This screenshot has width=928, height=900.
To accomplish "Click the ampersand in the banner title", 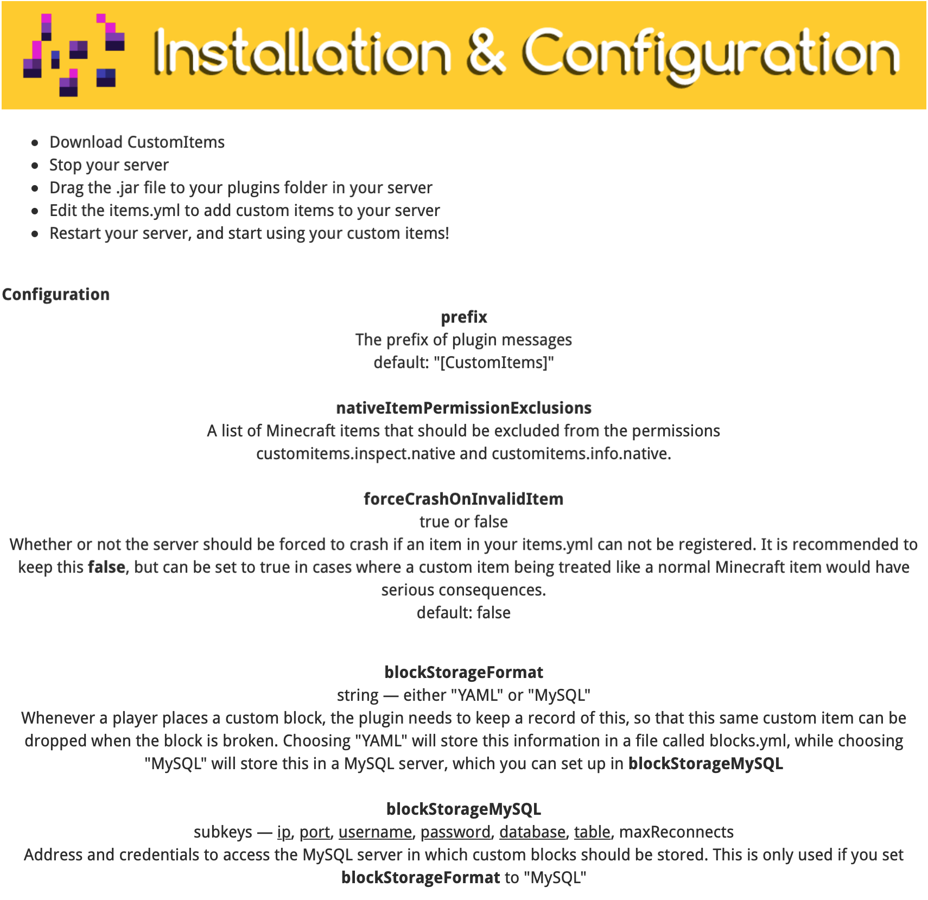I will pos(486,53).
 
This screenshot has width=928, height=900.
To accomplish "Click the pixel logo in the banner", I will pos(74,55).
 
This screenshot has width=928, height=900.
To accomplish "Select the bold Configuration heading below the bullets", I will pos(56,294).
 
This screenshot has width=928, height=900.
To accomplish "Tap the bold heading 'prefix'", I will pos(463,317).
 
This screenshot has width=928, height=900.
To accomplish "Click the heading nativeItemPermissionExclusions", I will pos(463,408).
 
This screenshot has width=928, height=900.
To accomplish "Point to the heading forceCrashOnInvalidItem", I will pos(463,499).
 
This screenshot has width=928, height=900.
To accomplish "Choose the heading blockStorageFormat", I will pos(463,673).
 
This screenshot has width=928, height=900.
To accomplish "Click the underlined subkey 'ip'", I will pos(284,832).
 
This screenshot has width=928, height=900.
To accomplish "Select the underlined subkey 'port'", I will pos(315,832).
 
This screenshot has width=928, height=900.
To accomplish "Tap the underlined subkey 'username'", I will pos(375,832).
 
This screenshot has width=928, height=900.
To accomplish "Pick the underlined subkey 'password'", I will pos(455,832).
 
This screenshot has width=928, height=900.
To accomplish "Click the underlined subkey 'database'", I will pos(532,832).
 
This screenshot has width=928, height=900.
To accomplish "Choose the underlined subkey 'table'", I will pos(592,832).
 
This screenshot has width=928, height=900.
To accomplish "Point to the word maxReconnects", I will pos(676,832).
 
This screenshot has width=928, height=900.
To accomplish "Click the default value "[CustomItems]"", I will pos(494,363).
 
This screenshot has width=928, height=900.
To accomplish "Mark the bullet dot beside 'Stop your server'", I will pos(35,166).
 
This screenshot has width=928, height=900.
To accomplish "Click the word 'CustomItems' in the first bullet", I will pos(176,142).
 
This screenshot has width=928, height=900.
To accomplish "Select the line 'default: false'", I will pos(463,613).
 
